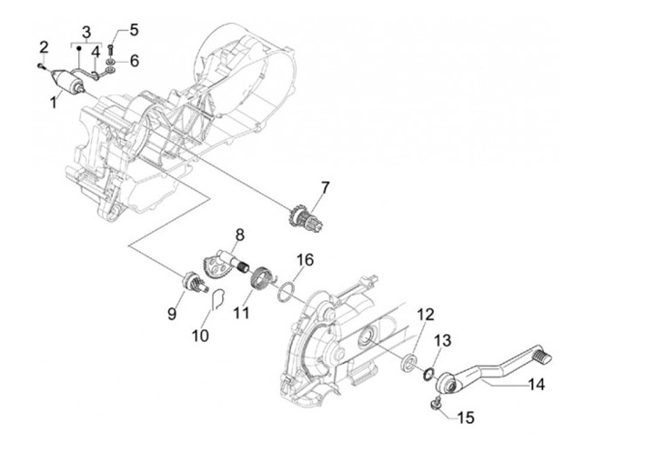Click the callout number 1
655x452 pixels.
coord(53,103)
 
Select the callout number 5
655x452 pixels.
coord(134,29)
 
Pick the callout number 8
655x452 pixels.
coord(240,235)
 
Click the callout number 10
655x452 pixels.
coord(201,336)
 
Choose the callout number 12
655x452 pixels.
coord(425,315)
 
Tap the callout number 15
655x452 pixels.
coord(467,418)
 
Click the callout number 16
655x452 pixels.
coord(306,260)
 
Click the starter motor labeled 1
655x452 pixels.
coord(73,80)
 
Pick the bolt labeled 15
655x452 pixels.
coord(438,402)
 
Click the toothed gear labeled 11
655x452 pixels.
coord(264,275)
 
